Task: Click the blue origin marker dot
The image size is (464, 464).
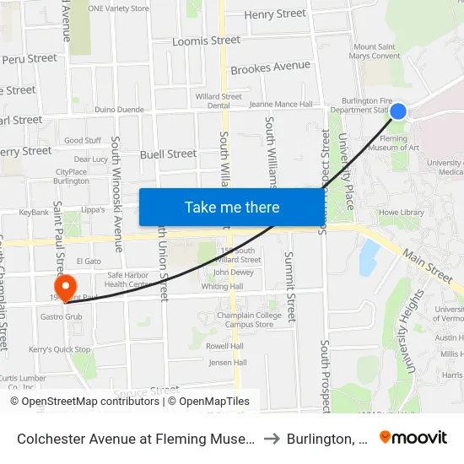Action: point(398,111)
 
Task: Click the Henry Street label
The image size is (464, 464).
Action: point(275,14)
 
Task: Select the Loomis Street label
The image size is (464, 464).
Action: point(207,40)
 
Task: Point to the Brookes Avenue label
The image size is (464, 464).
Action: point(271,67)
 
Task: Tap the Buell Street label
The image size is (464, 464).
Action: point(169,154)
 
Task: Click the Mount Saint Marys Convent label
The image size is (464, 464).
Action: point(377,51)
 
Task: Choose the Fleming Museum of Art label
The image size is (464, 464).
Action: point(400,143)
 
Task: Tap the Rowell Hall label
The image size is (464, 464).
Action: point(225,346)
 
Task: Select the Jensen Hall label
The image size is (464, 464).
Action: point(229,363)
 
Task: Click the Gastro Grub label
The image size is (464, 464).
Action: point(61,317)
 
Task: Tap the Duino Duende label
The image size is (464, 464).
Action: point(118,110)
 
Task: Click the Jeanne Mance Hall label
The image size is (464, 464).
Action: point(282,105)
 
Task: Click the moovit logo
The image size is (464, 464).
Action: point(413,437)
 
